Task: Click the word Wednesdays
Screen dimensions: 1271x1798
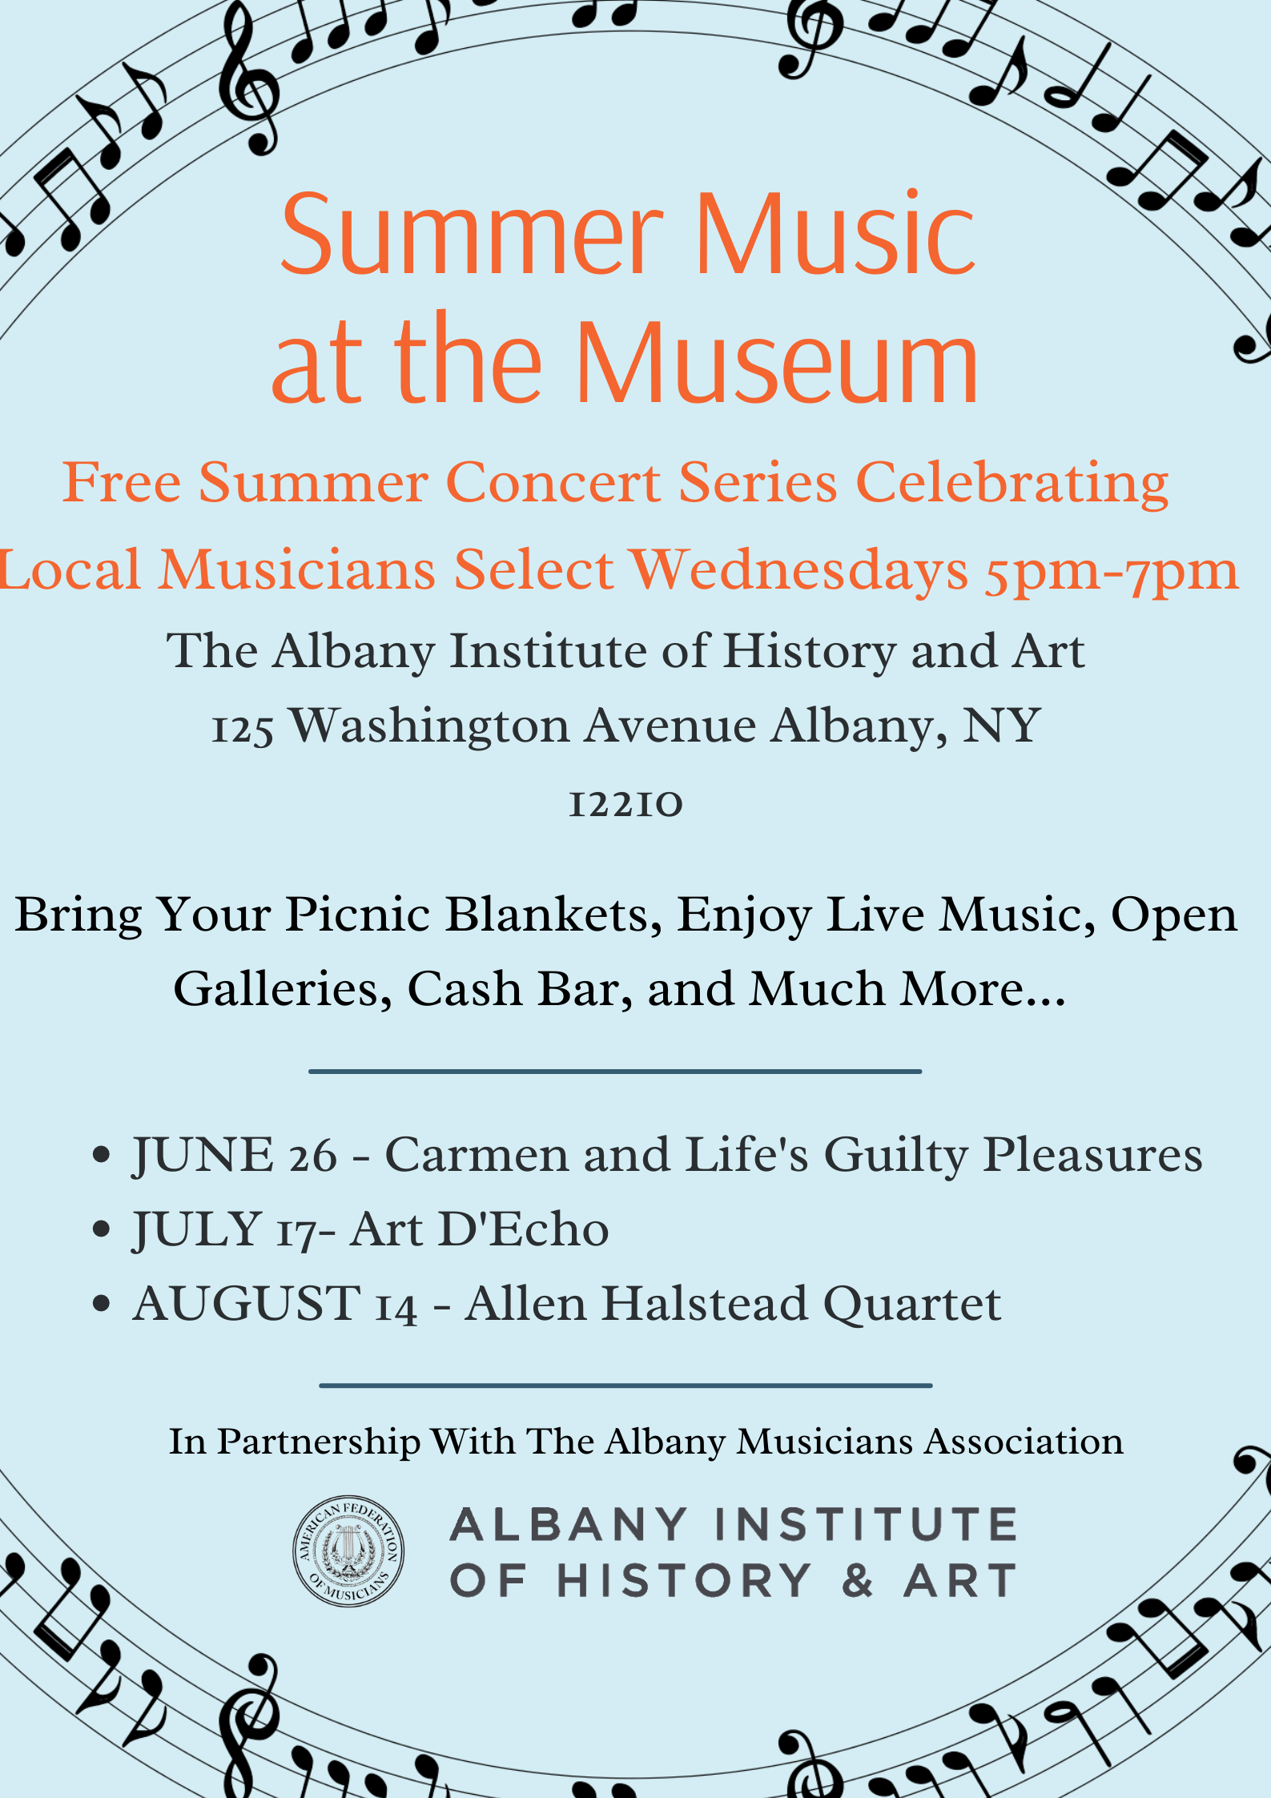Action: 799,570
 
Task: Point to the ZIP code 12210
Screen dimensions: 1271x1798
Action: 625,803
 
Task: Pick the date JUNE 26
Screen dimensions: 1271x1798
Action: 235,1156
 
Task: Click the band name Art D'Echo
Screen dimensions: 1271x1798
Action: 480,1229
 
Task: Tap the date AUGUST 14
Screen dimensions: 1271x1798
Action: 276,1304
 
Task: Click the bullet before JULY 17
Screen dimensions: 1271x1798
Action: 101,1229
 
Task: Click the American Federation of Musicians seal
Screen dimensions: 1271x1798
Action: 348,1551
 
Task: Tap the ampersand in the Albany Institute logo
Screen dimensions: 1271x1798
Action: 857,1581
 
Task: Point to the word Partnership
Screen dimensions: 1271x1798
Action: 319,1442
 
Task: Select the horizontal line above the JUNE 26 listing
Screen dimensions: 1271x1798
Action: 615,1071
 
